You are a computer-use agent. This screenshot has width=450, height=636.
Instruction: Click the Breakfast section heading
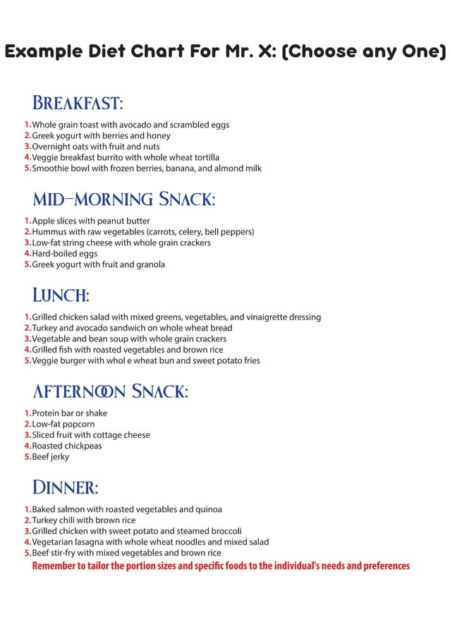point(78,104)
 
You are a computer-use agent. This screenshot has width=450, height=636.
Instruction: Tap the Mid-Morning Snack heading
point(123,200)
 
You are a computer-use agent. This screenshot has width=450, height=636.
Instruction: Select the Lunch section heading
point(61,295)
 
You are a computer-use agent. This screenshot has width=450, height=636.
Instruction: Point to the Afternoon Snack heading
point(110,391)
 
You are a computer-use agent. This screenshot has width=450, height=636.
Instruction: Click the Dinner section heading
point(65,487)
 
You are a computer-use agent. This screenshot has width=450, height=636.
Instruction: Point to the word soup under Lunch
point(131,339)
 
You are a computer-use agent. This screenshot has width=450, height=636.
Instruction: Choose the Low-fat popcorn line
point(63,424)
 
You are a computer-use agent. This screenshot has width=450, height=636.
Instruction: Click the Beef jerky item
point(50,457)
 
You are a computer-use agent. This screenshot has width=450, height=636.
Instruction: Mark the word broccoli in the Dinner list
point(224,531)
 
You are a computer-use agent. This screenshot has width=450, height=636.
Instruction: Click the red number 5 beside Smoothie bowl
point(27,169)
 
